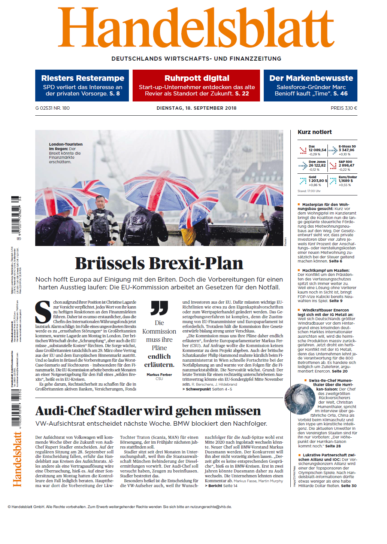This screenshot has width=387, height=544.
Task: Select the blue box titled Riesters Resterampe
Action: pos(82,85)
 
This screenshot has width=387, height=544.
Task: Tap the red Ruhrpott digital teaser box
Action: pos(197,85)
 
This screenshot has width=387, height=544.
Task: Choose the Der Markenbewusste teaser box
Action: pos(311,85)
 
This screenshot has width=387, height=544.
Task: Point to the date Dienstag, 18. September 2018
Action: pos(196,108)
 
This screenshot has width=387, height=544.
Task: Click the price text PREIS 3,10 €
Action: pos(344,108)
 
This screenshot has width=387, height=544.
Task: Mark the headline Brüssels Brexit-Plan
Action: pos(159,263)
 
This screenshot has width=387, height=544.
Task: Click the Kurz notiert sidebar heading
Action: pos(314,132)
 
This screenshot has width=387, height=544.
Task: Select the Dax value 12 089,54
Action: pos(317,150)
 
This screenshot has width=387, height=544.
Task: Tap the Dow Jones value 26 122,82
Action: pos(317,165)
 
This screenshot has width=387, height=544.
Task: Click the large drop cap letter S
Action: pos(43,311)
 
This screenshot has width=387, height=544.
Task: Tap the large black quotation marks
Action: pos(159,308)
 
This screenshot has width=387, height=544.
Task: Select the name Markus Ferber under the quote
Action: pos(159,374)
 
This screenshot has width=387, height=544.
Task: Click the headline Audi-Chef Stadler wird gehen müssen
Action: pos(148,411)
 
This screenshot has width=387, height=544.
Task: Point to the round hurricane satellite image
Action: pos(300,398)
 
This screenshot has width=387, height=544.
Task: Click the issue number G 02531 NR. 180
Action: pos(52,108)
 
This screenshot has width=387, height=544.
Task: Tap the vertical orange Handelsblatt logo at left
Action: pos(17,459)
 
